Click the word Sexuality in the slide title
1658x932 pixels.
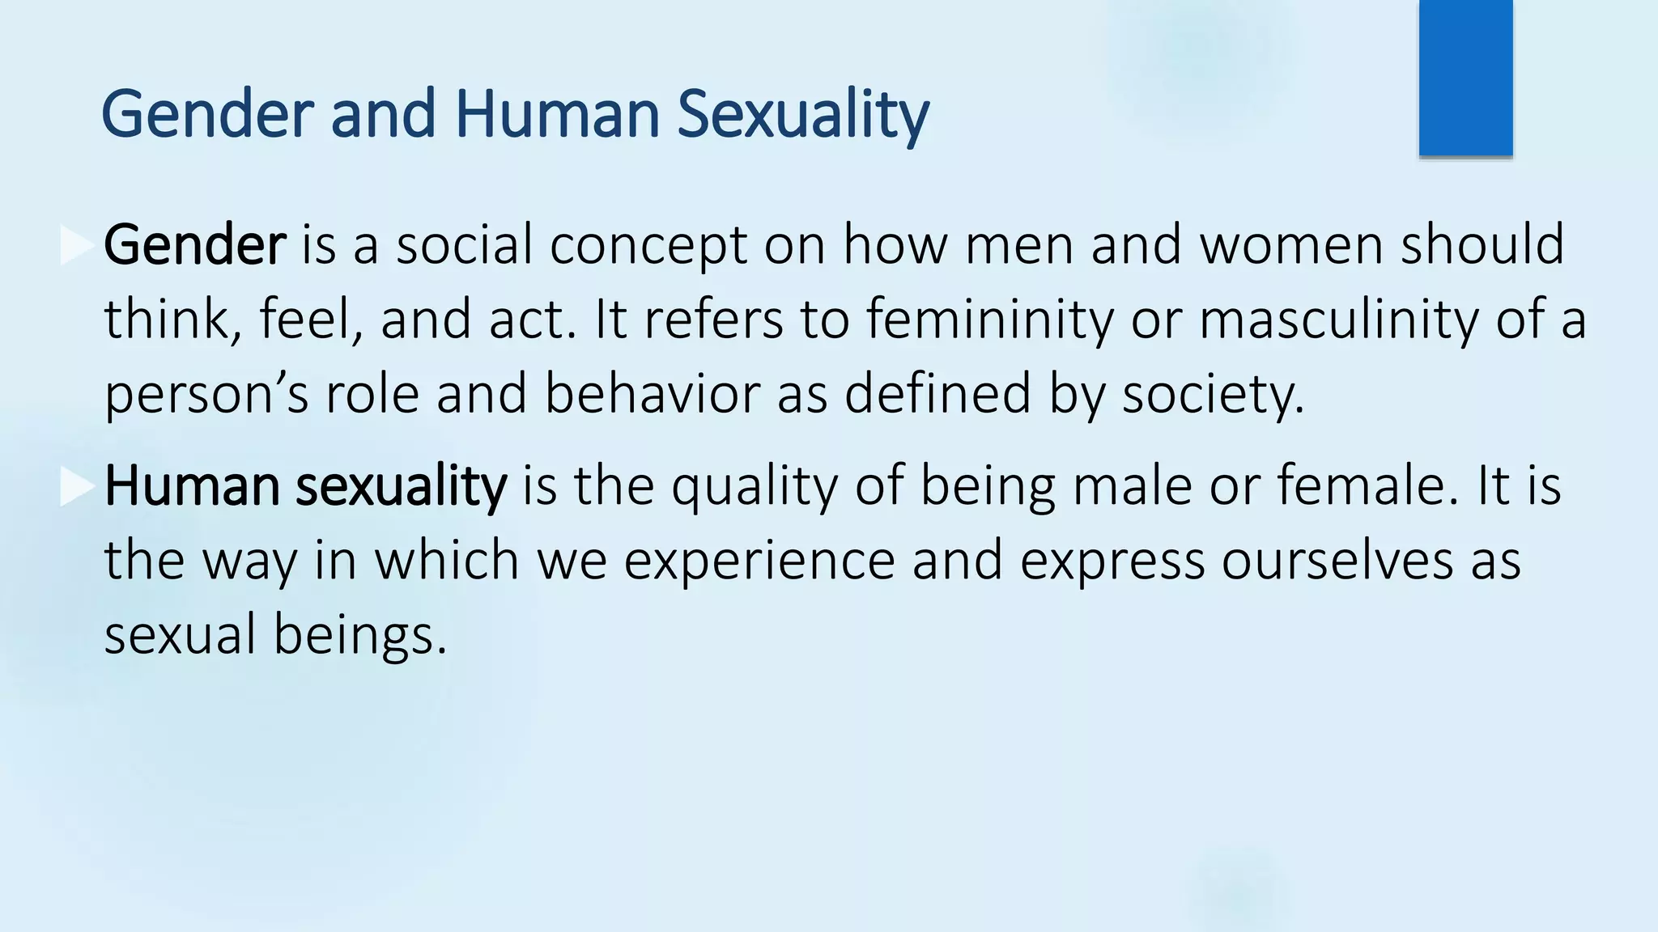(x=802, y=115)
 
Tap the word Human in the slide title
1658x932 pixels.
(x=558, y=115)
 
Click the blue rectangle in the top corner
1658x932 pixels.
(x=1465, y=78)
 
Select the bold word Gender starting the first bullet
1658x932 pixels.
(x=194, y=245)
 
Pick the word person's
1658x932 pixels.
(x=206, y=394)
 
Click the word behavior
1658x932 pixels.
(x=652, y=394)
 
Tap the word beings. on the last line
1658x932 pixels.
(x=360, y=635)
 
